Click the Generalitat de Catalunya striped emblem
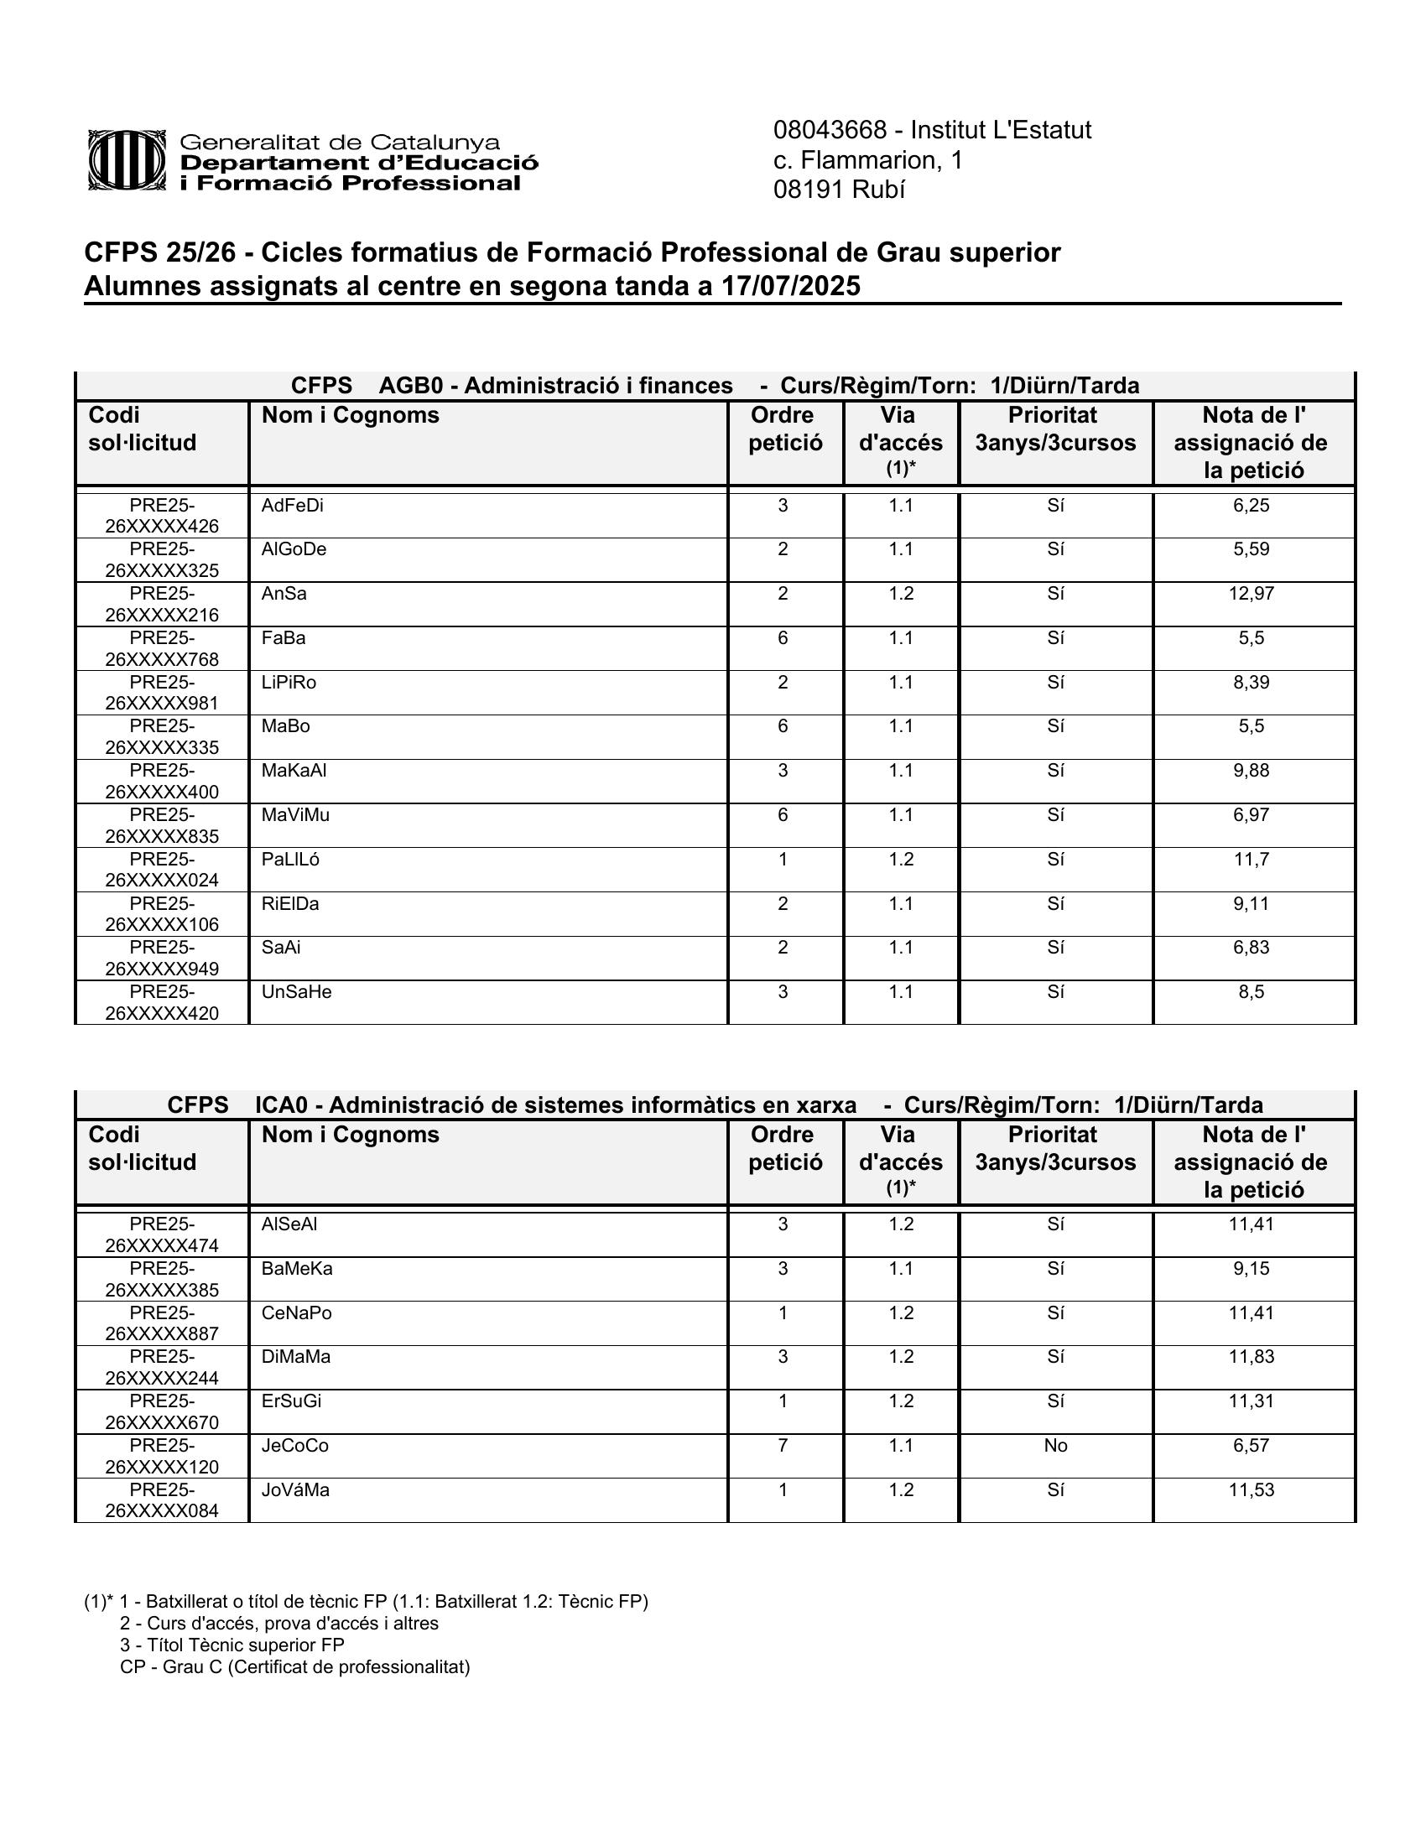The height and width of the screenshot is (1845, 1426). pyautogui.click(x=127, y=159)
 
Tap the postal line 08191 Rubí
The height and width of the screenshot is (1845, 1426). pyautogui.click(x=839, y=190)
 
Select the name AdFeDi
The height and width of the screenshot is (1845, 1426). pyautogui.click(x=292, y=506)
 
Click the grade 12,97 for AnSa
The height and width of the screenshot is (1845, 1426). pyautogui.click(x=1252, y=594)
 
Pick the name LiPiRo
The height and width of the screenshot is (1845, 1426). pyautogui.click(x=289, y=683)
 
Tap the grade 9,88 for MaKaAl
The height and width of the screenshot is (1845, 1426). pyautogui.click(x=1252, y=771)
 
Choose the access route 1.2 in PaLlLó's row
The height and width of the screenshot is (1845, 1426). pyautogui.click(x=901, y=859)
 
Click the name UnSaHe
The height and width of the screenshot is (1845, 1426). pyautogui.click(x=296, y=992)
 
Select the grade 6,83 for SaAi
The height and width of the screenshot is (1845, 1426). pyautogui.click(x=1252, y=948)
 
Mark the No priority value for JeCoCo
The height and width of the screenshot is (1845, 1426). pyautogui.click(x=1055, y=1446)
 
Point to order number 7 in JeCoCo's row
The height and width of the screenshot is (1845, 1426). pyautogui.click(x=783, y=1446)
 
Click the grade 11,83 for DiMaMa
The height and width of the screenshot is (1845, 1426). pyautogui.click(x=1252, y=1357)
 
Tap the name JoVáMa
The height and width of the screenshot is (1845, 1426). pyautogui.click(x=295, y=1490)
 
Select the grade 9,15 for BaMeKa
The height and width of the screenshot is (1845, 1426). pyautogui.click(x=1252, y=1269)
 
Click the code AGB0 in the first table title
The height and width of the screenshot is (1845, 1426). pyautogui.click(x=410, y=386)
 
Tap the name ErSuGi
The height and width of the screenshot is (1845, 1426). pyautogui.click(x=291, y=1401)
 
